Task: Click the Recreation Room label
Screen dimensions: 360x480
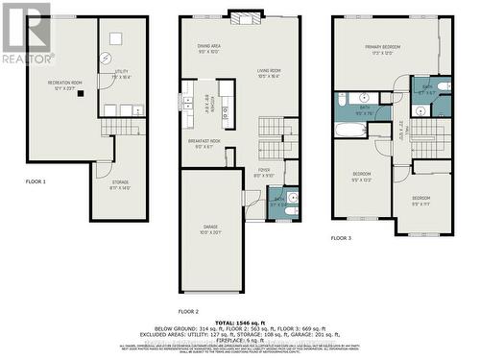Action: [x=66, y=85]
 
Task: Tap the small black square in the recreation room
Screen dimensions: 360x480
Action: [x=83, y=94]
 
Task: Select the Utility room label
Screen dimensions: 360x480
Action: [x=122, y=73]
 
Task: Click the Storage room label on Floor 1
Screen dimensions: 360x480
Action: [x=120, y=184]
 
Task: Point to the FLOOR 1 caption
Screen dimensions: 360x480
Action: [x=36, y=181]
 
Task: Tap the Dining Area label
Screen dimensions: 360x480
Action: [x=209, y=48]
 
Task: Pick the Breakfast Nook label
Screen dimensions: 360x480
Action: [x=204, y=144]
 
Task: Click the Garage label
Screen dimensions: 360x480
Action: [x=211, y=230]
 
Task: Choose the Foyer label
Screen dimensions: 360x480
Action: [x=263, y=172]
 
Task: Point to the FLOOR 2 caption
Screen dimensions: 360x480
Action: [x=188, y=312]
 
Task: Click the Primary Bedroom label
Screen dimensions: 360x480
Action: [x=380, y=50]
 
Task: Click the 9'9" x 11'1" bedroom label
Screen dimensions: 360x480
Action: [x=421, y=200]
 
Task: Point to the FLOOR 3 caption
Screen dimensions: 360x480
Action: [x=342, y=237]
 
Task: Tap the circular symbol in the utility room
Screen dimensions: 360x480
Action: [x=114, y=38]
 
